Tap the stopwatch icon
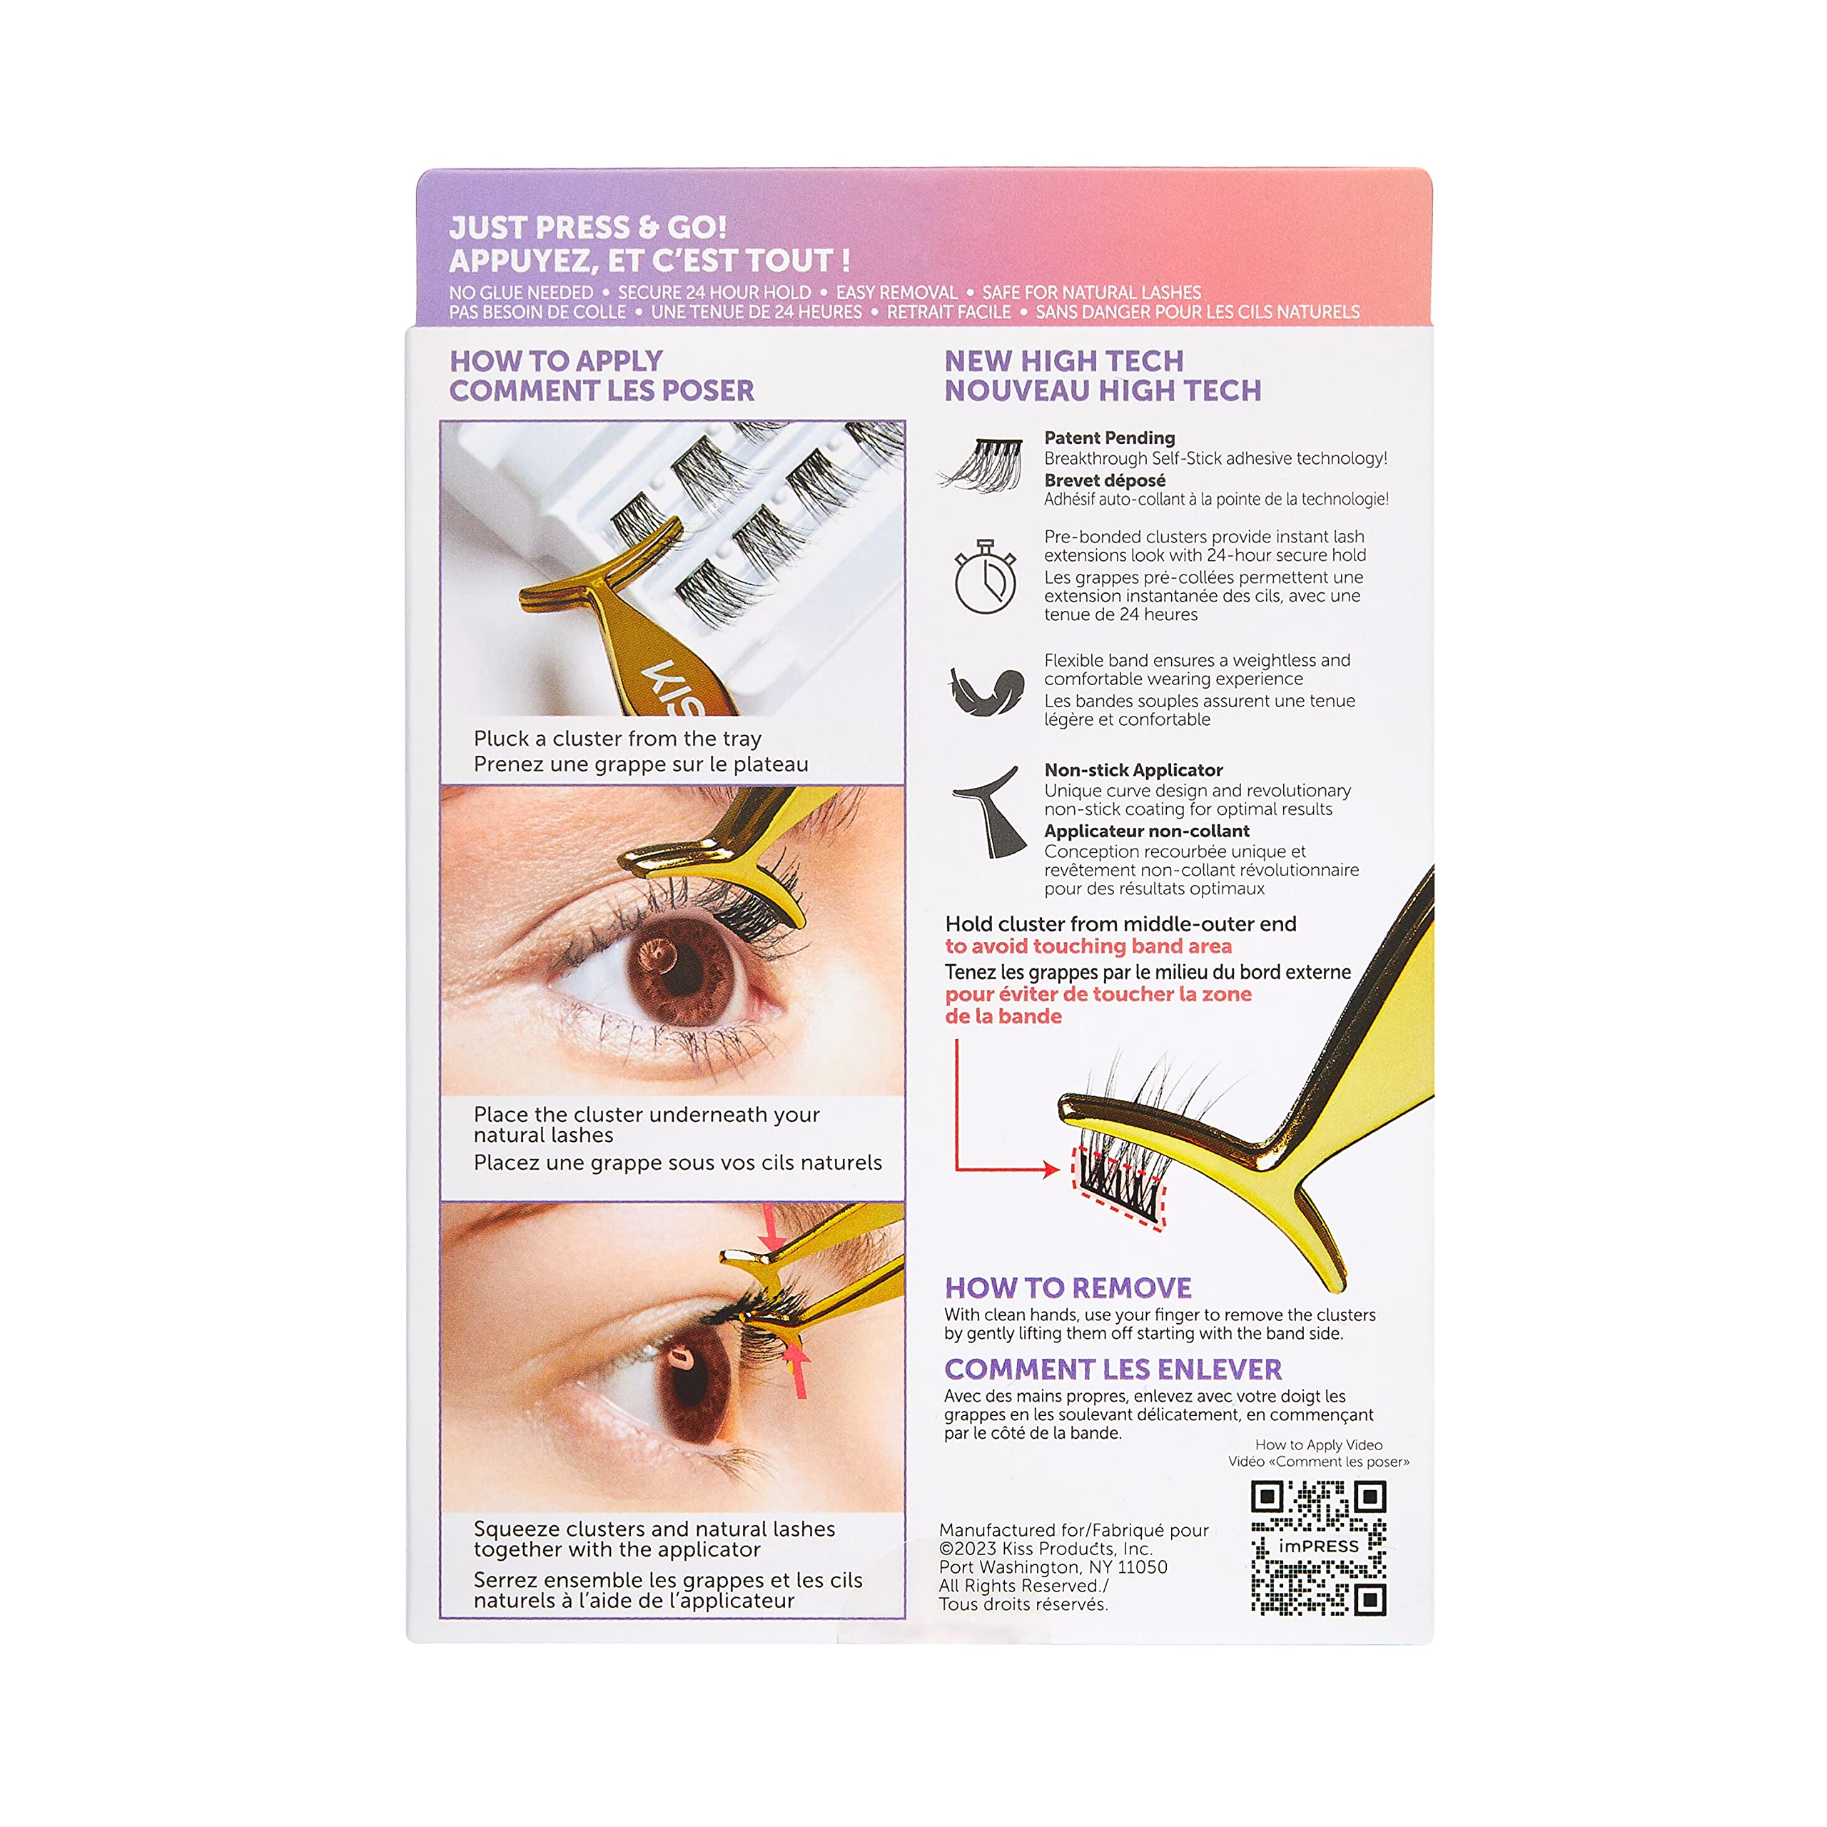pyautogui.click(x=986, y=576)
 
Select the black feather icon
pyautogui.click(x=986, y=690)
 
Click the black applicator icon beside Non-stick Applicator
pyautogui.click(x=989, y=812)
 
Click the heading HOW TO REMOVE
pyautogui.click(x=1068, y=1288)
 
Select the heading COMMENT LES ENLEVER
pyautogui.click(x=1112, y=1370)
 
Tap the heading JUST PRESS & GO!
pyautogui.click(x=588, y=227)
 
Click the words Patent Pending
pyautogui.click(x=1109, y=437)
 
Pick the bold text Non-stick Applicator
pyautogui.click(x=1133, y=770)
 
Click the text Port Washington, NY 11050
pyautogui.click(x=1053, y=1567)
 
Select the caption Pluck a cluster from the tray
pyautogui.click(x=617, y=739)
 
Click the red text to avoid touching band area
pyautogui.click(x=1088, y=946)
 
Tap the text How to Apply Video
pyautogui.click(x=1318, y=1445)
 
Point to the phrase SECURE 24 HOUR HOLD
pyautogui.click(x=714, y=292)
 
